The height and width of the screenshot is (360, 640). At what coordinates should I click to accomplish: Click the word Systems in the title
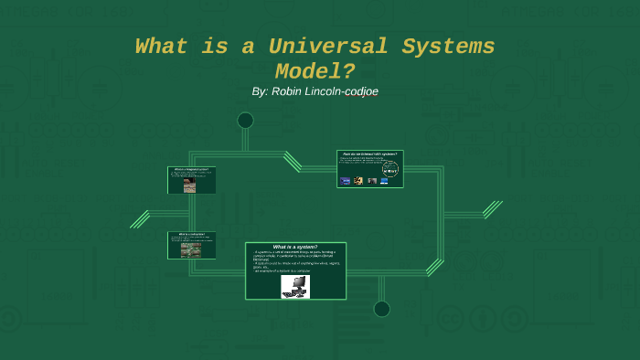(445, 47)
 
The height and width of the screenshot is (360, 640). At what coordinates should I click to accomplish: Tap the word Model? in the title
(315, 70)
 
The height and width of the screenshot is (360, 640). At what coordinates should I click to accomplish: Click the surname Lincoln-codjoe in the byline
(345, 91)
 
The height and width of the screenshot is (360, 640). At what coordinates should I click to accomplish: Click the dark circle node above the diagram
(245, 121)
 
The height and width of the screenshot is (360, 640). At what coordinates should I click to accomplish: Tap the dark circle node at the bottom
(381, 309)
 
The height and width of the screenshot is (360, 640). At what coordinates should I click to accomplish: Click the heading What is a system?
(294, 247)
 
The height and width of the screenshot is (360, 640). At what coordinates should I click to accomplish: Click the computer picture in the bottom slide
(294, 286)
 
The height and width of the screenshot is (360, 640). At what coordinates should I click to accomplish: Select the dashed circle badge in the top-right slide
(390, 169)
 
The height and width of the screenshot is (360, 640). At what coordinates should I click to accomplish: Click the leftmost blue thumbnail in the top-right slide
(346, 181)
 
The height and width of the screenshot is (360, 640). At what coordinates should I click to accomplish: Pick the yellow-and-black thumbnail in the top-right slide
(359, 181)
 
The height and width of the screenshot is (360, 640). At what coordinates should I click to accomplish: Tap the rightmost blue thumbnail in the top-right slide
(384, 181)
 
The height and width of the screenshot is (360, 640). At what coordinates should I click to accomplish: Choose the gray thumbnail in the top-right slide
(372, 181)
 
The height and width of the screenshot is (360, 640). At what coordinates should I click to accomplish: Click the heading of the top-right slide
(369, 154)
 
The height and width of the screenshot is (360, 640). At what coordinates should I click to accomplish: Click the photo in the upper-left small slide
(189, 185)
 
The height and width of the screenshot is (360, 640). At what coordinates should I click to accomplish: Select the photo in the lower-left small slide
(189, 248)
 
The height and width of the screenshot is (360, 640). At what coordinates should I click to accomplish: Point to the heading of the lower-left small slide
(191, 234)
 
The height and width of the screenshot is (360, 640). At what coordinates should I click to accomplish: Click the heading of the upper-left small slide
(191, 169)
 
